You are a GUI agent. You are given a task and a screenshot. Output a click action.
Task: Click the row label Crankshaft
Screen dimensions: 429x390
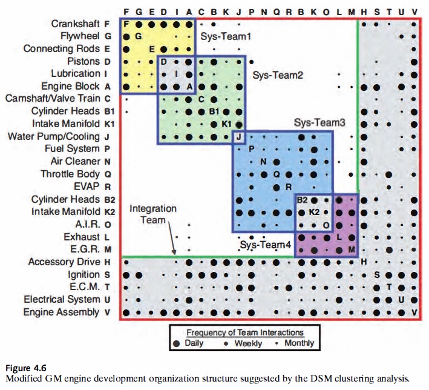coord(75,24)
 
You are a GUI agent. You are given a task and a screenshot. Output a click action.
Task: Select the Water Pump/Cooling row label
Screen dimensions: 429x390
coord(54,136)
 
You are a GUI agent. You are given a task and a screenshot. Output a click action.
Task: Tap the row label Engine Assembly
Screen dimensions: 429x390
coord(61,312)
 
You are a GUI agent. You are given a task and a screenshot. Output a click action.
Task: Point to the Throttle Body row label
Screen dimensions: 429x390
coord(70,174)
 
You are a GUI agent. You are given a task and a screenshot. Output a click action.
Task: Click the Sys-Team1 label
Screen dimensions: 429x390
coord(226,36)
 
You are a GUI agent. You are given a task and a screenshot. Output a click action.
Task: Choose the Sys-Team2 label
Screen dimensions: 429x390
coord(278,75)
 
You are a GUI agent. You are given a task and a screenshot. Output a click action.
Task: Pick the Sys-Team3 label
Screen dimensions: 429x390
coord(319,122)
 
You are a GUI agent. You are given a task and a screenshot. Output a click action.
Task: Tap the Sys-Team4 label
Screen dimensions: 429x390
coord(266,244)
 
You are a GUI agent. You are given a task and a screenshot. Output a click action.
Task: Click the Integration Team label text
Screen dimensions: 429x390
coord(153,214)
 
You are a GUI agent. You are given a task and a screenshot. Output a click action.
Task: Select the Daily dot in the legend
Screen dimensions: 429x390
coord(177,343)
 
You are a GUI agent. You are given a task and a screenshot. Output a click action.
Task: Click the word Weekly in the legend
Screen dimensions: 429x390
coord(248,343)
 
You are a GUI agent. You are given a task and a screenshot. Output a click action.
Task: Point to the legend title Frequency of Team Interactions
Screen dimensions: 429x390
coord(245,332)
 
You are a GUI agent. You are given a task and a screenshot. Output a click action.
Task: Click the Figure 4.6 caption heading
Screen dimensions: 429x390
coord(26,368)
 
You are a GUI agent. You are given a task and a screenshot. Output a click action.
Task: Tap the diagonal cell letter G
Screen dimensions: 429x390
coord(139,36)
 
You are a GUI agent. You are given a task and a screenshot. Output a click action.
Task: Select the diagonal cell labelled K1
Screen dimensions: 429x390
coord(226,124)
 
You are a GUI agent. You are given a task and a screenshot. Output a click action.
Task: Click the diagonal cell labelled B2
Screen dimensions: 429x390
coord(302,200)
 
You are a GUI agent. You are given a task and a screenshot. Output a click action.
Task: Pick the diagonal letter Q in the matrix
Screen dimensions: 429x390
coord(277,174)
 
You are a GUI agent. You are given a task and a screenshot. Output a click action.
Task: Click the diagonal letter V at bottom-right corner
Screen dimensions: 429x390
coord(414,312)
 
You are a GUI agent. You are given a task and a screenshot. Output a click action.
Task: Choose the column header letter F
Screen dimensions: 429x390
coord(126,12)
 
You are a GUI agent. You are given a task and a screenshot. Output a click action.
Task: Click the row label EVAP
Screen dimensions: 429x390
coord(87,187)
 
